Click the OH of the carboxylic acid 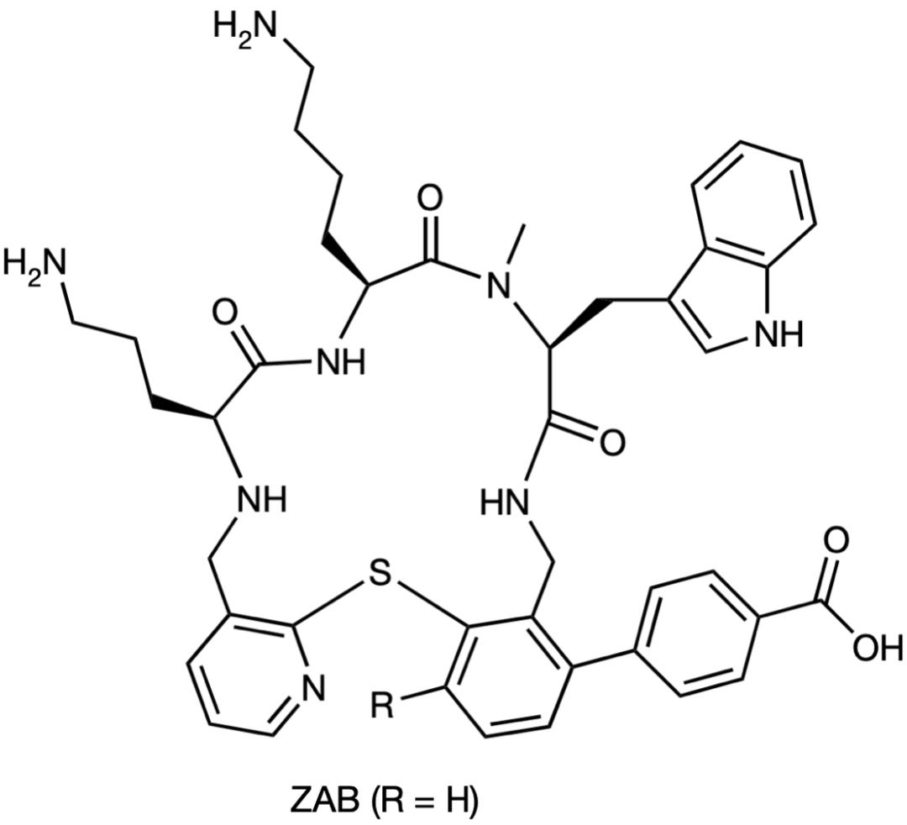[x=876, y=648]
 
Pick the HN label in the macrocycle [x=507, y=505]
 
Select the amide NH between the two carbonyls [x=339, y=363]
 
